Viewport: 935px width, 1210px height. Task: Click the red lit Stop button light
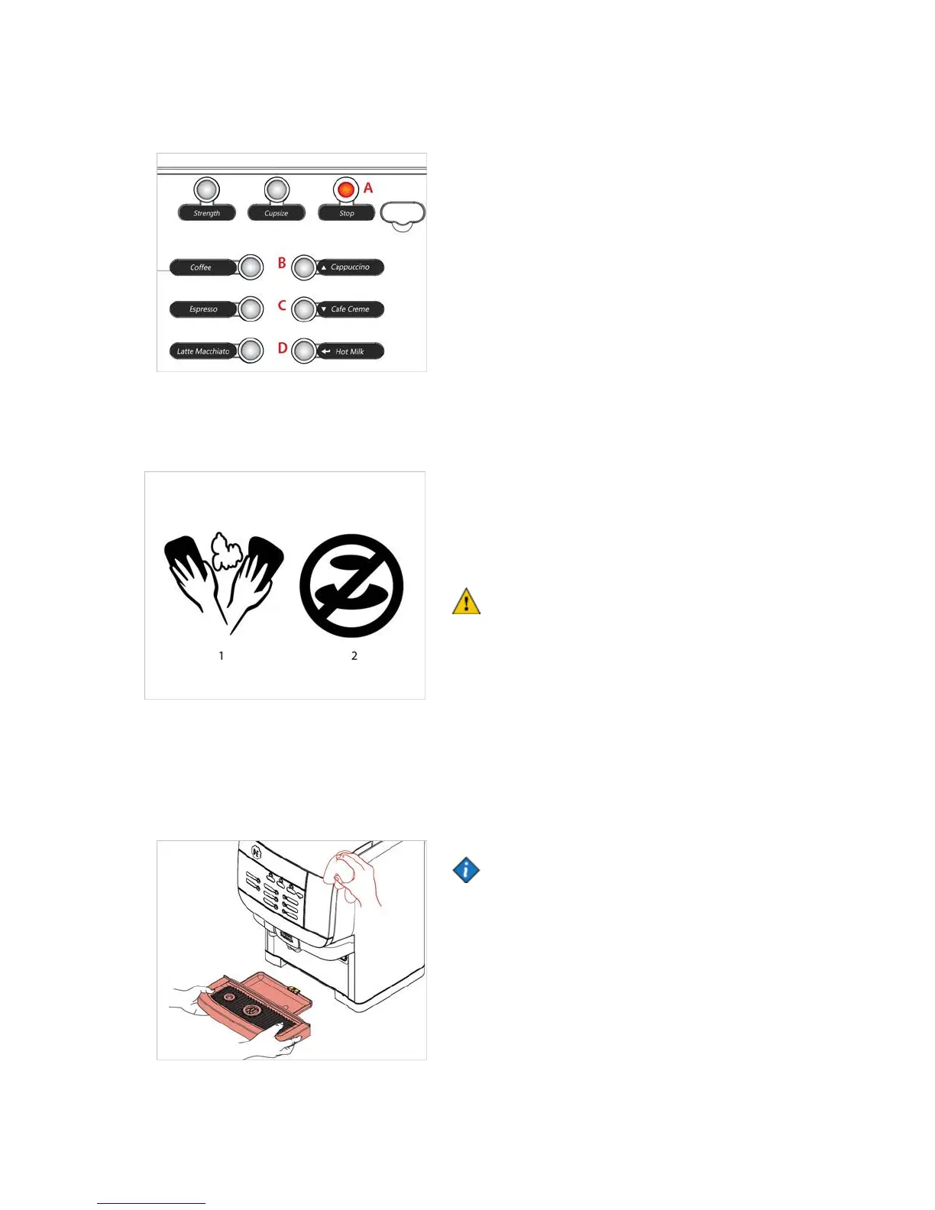click(x=346, y=189)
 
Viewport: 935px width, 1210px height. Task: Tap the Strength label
click(x=206, y=213)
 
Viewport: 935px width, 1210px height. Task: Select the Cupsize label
click(x=277, y=213)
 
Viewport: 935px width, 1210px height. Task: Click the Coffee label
click(x=202, y=267)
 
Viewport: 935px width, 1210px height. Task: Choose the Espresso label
click(x=203, y=309)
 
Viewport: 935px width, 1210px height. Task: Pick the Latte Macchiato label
click(x=202, y=351)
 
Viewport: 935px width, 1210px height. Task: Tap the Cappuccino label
click(x=350, y=267)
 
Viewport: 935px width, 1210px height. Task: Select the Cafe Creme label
click(x=350, y=309)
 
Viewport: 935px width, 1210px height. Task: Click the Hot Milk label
click(x=350, y=351)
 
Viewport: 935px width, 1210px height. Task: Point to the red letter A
click(x=368, y=188)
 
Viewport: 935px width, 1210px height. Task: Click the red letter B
click(x=282, y=264)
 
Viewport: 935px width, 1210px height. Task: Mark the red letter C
click(x=282, y=306)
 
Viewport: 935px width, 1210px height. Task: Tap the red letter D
click(x=283, y=348)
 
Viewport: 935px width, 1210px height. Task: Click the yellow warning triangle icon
click(x=466, y=602)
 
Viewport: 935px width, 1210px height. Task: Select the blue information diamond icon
click(x=466, y=870)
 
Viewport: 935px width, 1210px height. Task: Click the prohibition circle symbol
click(x=351, y=586)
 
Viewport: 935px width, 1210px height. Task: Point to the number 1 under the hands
click(x=222, y=655)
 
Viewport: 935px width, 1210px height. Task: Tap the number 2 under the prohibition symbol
click(x=354, y=655)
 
